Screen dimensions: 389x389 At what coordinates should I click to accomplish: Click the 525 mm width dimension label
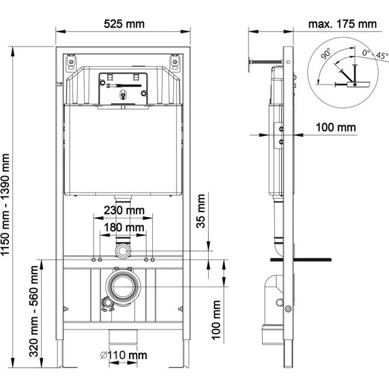click(124, 23)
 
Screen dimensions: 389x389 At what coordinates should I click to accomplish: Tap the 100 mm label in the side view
click(336, 127)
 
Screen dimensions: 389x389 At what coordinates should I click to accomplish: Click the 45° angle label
click(373, 58)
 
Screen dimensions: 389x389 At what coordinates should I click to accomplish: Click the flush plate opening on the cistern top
click(123, 88)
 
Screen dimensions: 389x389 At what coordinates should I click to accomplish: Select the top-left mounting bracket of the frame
click(71, 64)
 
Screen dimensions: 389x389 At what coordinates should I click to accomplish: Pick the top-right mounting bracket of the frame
click(176, 64)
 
